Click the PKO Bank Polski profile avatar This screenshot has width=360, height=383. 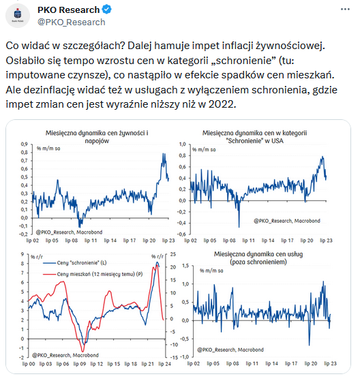(x=18, y=16)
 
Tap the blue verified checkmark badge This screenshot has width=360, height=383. (x=107, y=10)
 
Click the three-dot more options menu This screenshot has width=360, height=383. (x=345, y=10)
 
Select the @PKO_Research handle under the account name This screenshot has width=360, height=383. (x=72, y=22)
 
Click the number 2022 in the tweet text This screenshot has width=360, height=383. (x=222, y=104)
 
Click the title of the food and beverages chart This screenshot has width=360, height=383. (x=97, y=137)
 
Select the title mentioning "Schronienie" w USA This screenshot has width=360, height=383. (x=255, y=137)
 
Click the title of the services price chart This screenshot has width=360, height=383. (x=258, y=258)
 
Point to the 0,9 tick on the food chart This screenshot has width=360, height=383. (x=25, y=144)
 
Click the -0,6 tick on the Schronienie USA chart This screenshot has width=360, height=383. (x=181, y=234)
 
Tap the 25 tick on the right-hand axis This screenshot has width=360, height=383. (x=173, y=254)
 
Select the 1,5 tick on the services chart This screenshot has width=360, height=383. (x=185, y=266)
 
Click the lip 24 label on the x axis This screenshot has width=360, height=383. (x=165, y=364)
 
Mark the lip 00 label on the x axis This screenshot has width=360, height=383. (x=29, y=364)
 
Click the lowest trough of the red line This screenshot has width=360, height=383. (x=83, y=352)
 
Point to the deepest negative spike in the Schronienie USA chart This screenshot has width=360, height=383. (x=239, y=227)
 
